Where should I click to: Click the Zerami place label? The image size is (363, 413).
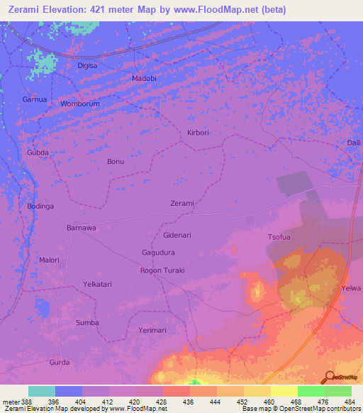(182, 204)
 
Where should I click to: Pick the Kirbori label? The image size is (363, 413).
(199, 133)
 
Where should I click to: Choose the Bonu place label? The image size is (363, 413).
(115, 162)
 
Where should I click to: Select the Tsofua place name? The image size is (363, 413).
(280, 238)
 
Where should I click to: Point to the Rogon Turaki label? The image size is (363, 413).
(162, 270)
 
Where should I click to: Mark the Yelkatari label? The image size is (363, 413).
(97, 284)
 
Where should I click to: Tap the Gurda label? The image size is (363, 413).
(60, 362)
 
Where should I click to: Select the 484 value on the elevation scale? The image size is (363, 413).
(350, 402)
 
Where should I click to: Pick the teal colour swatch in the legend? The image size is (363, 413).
(42, 391)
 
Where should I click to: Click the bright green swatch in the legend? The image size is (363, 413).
(311, 391)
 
